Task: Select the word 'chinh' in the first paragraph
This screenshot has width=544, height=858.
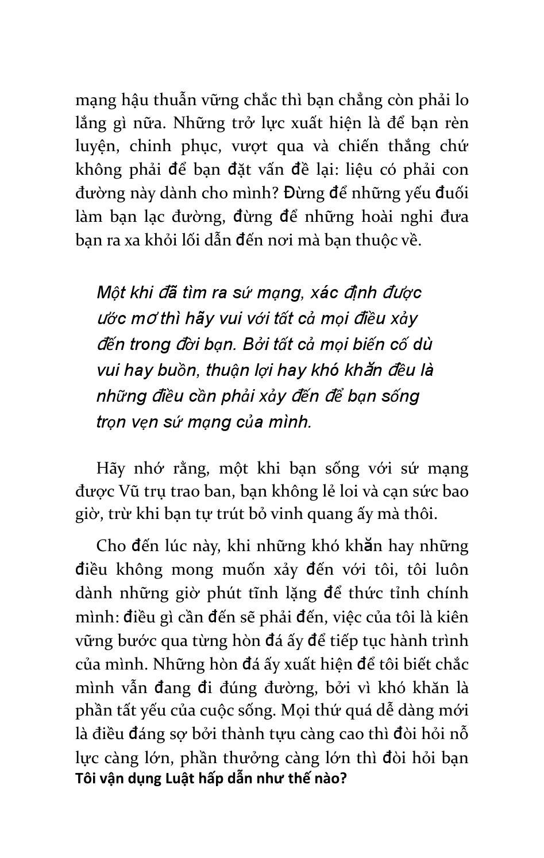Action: coord(149,146)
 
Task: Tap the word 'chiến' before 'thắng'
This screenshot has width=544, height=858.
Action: coord(358,146)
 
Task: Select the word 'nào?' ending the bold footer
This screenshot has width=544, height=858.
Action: coord(332,779)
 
